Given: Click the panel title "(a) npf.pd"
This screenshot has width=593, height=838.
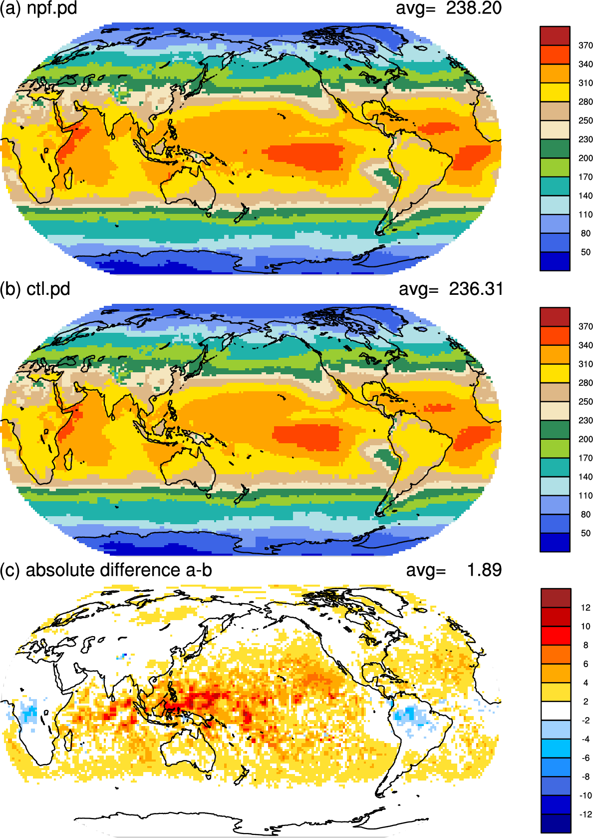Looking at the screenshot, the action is pyautogui.click(x=38, y=8).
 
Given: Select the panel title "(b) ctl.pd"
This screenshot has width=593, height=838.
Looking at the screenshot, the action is pyautogui.click(x=35, y=289).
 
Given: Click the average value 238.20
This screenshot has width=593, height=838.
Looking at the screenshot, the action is pyautogui.click(x=474, y=8).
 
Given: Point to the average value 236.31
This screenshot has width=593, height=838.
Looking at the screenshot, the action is pyautogui.click(x=476, y=289).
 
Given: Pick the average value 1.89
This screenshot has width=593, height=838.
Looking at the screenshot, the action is pyautogui.click(x=484, y=570).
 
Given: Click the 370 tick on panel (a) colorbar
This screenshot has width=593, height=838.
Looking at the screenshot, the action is pyautogui.click(x=586, y=45).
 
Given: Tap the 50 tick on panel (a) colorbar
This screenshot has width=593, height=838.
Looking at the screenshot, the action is pyautogui.click(x=586, y=252).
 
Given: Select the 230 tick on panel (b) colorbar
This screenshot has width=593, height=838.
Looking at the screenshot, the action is pyautogui.click(x=586, y=420).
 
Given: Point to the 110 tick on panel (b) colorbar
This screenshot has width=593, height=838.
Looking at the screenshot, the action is pyautogui.click(x=586, y=496).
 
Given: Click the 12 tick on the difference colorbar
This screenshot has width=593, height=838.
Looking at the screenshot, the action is pyautogui.click(x=586, y=608).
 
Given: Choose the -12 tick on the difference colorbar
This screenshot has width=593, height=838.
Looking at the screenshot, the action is pyautogui.click(x=585, y=814).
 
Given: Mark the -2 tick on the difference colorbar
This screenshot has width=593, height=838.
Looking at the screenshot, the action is pyautogui.click(x=586, y=720).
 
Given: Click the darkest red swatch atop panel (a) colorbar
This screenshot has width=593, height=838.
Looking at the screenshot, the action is pyautogui.click(x=555, y=36).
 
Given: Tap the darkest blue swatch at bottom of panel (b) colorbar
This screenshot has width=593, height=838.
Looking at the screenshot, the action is pyautogui.click(x=555, y=542).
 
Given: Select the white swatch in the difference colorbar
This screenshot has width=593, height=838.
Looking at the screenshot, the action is pyautogui.click(x=556, y=711).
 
